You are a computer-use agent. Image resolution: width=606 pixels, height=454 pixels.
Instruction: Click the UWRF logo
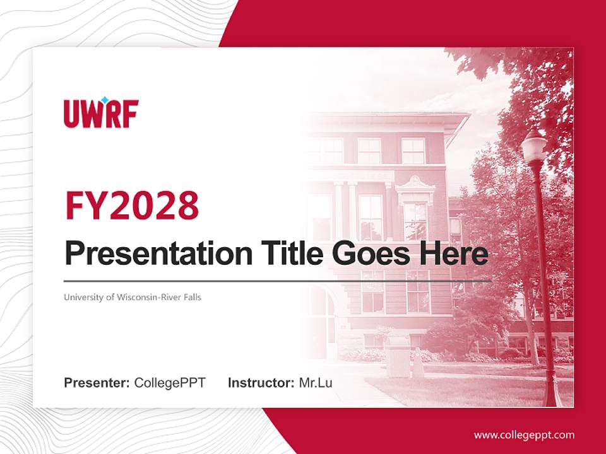tap(101, 113)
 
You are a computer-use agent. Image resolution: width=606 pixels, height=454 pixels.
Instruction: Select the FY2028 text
tap(131, 206)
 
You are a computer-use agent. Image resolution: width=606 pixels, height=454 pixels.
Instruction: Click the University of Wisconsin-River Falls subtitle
tap(133, 297)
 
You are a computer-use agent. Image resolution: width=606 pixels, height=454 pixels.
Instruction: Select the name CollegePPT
tap(170, 383)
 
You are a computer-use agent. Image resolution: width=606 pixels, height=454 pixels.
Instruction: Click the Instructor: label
tap(261, 383)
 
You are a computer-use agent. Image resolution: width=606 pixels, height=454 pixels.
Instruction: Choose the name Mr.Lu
tap(316, 383)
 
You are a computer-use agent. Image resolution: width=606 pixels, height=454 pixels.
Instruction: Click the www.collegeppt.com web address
tap(524, 435)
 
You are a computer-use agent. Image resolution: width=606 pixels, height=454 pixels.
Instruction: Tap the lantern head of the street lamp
tap(534, 147)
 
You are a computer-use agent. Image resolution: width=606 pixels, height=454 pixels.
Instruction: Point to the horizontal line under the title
tap(278, 281)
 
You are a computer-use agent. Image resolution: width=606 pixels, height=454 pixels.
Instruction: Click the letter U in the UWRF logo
tap(72, 115)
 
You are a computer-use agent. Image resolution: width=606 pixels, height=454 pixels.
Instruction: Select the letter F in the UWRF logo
tap(131, 115)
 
